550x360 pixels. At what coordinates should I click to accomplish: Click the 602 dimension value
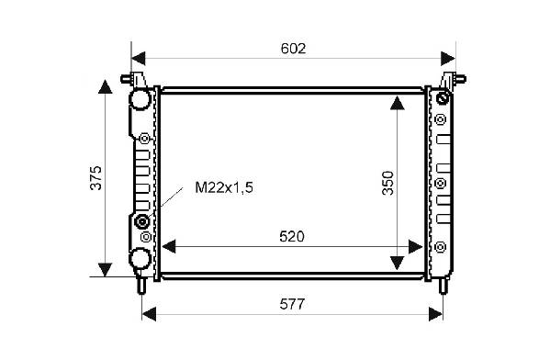pos(293,49)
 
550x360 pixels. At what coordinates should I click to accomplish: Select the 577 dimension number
pos(292,304)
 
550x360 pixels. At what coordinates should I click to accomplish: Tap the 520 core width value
pos(292,237)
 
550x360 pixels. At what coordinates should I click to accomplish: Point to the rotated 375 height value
pos(95,177)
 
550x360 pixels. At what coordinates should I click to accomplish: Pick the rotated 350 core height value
pos(388,183)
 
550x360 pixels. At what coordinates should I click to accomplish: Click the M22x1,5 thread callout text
pos(224,187)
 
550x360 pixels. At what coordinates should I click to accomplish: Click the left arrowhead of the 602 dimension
pos(139,58)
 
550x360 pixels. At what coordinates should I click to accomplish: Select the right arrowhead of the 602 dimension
pos(448,58)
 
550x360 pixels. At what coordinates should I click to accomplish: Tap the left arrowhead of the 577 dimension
pos(149,314)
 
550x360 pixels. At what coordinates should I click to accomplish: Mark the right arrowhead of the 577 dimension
pos(435,314)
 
